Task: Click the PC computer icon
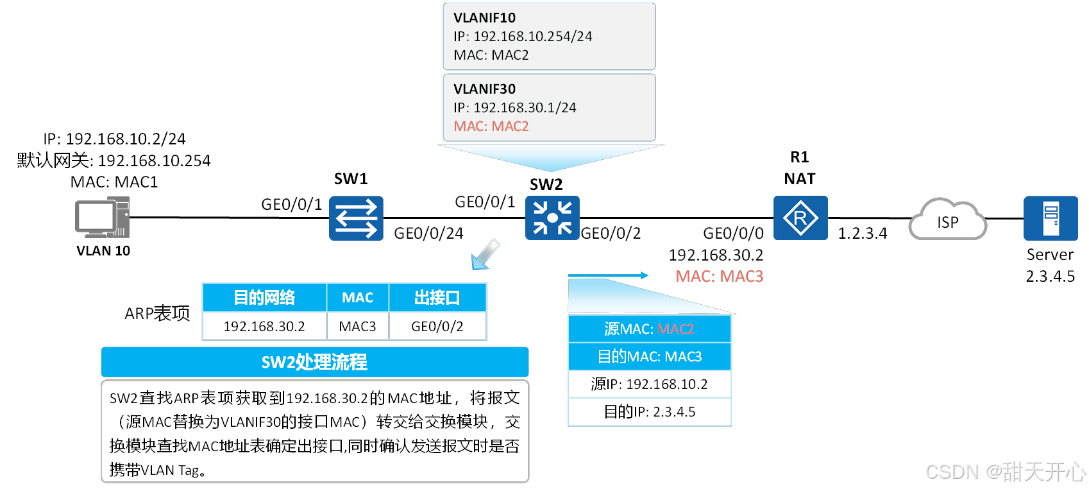tap(102, 218)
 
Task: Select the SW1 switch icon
tap(356, 218)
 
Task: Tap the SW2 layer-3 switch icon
tap(552, 218)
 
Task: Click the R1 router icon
tap(800, 218)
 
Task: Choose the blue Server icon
tap(1051, 218)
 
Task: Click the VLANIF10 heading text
tap(484, 18)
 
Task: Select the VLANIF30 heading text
tap(484, 89)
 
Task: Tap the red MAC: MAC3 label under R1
tap(719, 277)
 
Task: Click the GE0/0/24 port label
tap(428, 234)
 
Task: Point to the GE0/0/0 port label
tap(733, 234)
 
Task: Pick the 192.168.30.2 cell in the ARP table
tap(264, 327)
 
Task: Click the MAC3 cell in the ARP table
tap(357, 327)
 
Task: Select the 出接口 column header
tap(437, 298)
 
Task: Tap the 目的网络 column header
tap(264, 298)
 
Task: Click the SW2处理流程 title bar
tap(314, 363)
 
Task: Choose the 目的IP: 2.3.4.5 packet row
tap(650, 412)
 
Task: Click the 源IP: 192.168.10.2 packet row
tap(650, 384)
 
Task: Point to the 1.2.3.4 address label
tap(863, 234)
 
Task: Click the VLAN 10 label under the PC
tap(103, 251)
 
